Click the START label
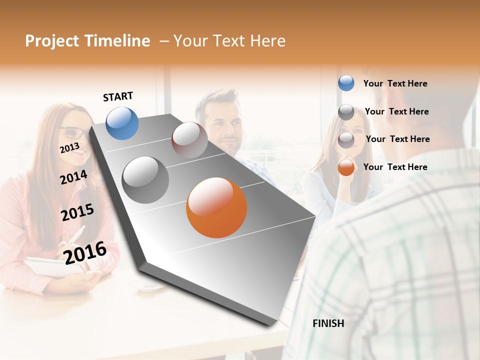pos(118,96)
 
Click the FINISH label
pos(328,323)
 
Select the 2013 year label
pos(69,148)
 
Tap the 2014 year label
pos(73,177)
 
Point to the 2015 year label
pos(77,212)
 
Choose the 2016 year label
pos(85,252)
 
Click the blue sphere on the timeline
pos(122,123)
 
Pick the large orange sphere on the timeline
pos(216,207)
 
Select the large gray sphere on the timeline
pos(145,180)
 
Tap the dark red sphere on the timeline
pos(189,140)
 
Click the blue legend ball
pos(346,83)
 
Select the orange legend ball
pos(346,167)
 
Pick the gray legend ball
pos(346,111)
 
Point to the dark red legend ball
pos(346,139)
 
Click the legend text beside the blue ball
pos(395,83)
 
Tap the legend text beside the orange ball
pos(395,167)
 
